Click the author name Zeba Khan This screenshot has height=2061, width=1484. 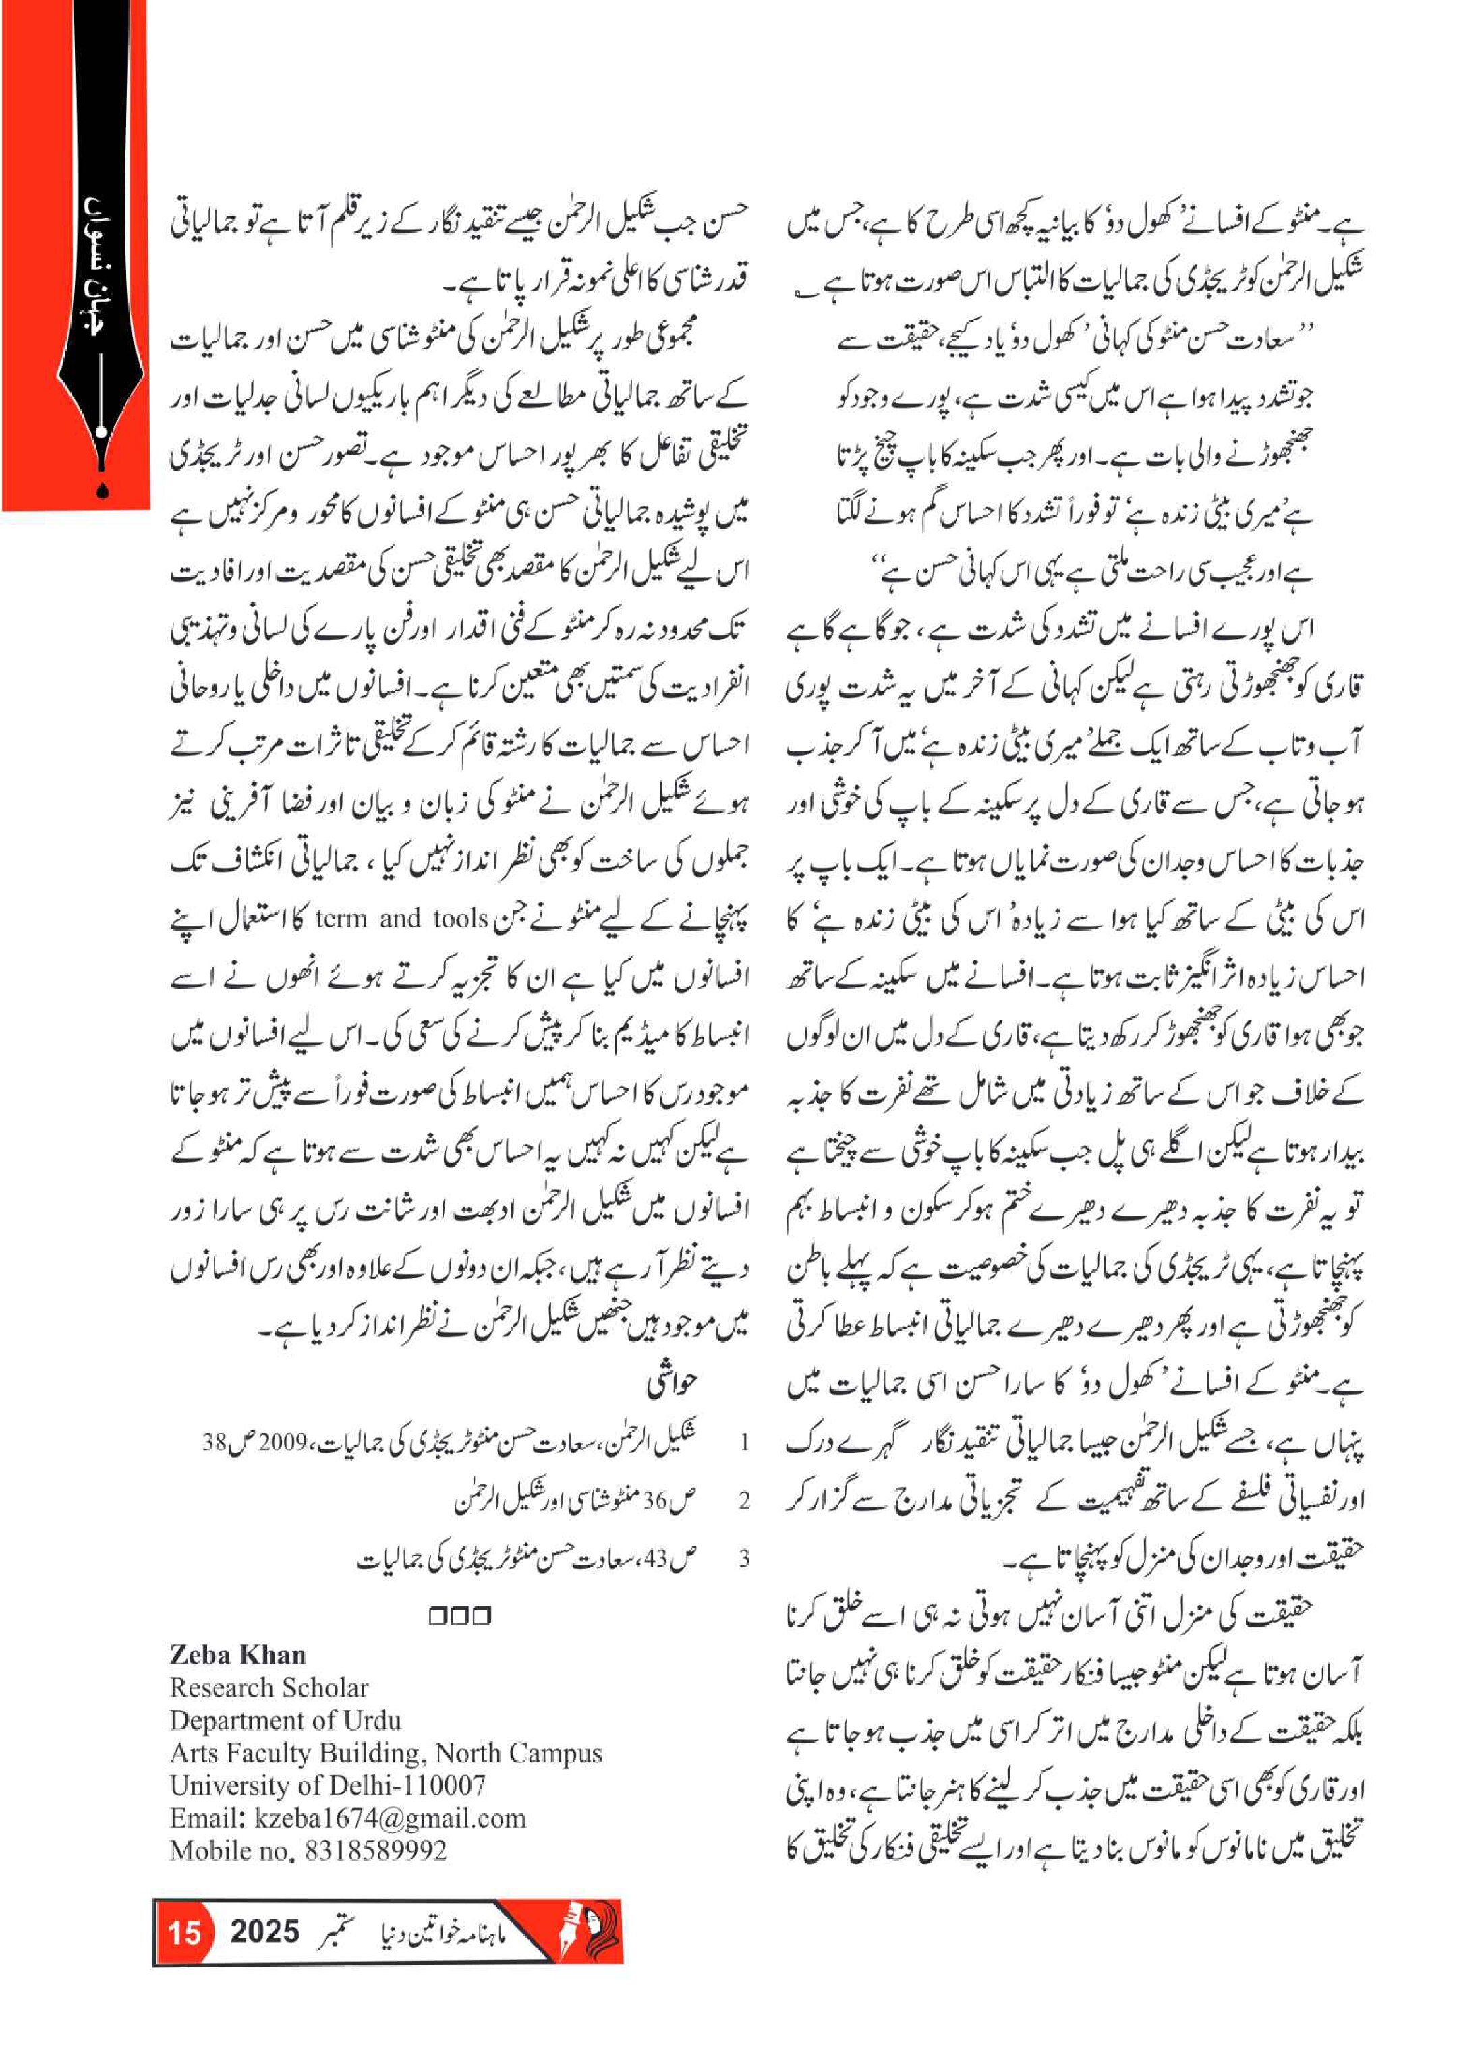237,1653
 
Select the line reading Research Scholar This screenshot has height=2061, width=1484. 269,1687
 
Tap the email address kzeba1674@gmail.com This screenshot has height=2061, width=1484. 390,1818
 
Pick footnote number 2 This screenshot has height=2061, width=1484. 744,1501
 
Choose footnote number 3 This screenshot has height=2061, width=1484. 744,1559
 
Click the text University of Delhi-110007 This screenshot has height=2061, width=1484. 327,1784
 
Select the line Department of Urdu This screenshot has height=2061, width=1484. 285,1719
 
